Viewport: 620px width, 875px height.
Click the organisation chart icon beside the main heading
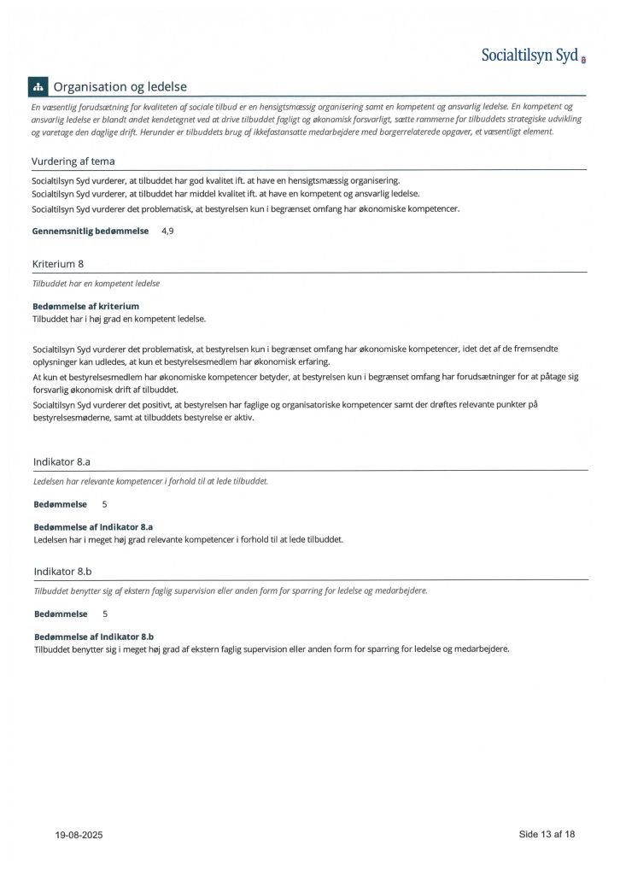click(x=38, y=87)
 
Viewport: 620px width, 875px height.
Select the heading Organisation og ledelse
click(x=120, y=87)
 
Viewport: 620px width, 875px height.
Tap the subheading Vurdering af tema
click(x=73, y=161)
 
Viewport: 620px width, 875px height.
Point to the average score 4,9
click(x=171, y=231)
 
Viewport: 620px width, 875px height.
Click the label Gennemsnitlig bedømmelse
click(x=91, y=231)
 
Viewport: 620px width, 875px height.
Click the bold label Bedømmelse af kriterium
click(x=85, y=306)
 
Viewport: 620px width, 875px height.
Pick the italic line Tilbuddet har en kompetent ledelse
click(x=96, y=283)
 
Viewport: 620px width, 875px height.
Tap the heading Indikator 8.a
click(x=62, y=462)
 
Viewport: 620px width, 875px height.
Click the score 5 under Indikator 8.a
click(x=105, y=504)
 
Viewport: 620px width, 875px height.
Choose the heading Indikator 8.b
click(x=62, y=572)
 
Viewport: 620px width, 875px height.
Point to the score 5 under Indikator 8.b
click(x=105, y=614)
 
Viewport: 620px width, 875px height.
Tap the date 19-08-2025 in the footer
click(x=79, y=835)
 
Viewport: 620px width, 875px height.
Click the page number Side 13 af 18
click(x=547, y=834)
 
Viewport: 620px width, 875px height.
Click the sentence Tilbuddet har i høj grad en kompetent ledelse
click(x=120, y=319)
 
